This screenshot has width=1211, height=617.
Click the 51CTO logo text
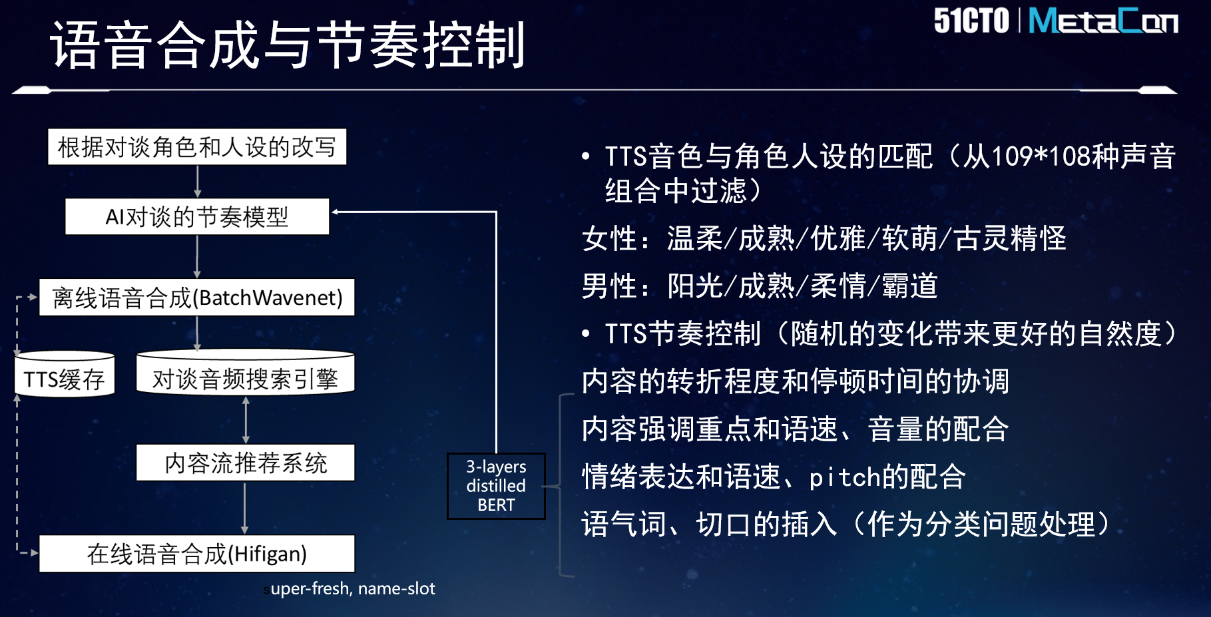click(x=971, y=21)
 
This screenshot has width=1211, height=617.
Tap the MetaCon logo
click(x=1103, y=21)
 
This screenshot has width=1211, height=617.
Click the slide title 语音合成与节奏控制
click(x=288, y=45)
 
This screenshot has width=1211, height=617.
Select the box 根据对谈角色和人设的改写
click(x=197, y=147)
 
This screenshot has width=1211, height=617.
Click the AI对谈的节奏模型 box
click(x=197, y=217)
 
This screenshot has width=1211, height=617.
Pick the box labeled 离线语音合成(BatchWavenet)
click(x=197, y=298)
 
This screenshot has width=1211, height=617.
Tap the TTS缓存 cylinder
click(x=65, y=375)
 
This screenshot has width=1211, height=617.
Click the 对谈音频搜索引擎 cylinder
click(x=245, y=373)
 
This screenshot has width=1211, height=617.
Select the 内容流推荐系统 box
click(x=245, y=463)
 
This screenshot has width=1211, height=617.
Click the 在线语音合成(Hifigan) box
click(x=197, y=554)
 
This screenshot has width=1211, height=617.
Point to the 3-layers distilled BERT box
click(x=496, y=486)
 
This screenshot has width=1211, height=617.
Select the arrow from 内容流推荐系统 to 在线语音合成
click(x=245, y=508)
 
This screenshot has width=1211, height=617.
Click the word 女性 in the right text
click(x=609, y=238)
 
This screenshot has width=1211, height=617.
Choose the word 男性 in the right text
click(x=609, y=286)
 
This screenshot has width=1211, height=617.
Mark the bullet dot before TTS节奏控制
click(x=586, y=333)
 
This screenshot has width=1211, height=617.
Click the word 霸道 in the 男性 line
click(x=909, y=286)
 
